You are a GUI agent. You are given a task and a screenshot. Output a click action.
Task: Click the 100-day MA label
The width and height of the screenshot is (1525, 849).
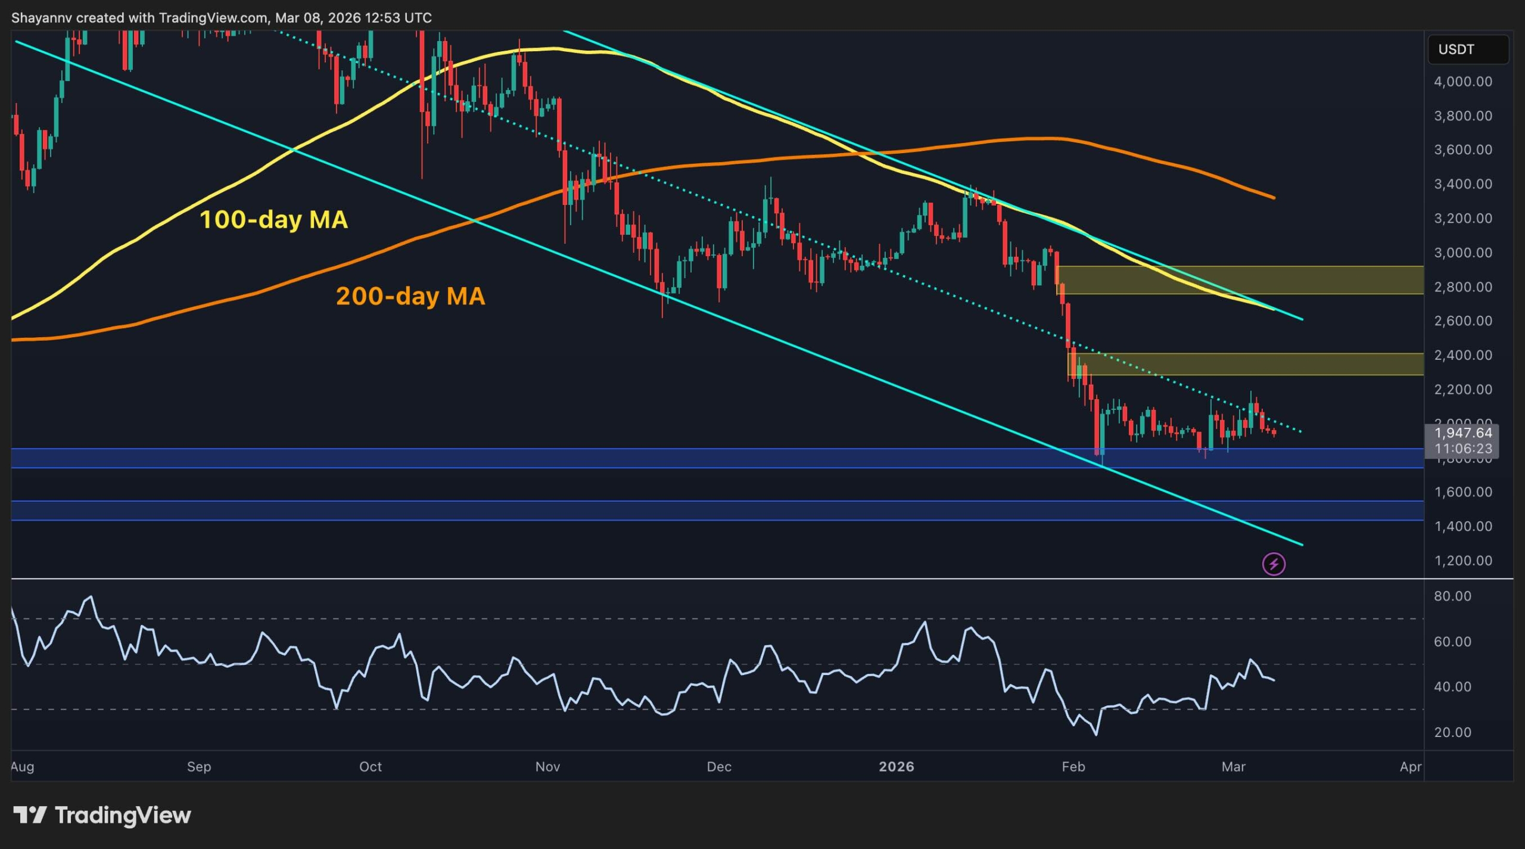[273, 220]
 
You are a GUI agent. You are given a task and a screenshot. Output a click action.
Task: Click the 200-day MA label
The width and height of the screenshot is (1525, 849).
[410, 296]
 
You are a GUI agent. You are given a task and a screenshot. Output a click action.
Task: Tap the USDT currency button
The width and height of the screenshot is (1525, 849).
[1467, 49]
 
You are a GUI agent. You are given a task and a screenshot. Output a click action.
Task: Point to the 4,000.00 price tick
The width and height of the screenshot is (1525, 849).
[1462, 82]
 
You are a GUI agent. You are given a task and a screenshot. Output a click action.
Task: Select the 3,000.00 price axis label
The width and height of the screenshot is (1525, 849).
[1462, 253]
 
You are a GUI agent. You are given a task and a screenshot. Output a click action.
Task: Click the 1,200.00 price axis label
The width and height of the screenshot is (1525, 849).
[1462, 561]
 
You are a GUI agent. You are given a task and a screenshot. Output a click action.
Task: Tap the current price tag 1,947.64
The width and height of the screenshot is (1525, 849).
[1462, 433]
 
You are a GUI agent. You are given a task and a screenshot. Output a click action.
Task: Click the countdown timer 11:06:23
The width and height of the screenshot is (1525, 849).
[1462, 449]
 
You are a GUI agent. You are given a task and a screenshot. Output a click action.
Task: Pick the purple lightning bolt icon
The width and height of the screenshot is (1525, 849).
[1274, 564]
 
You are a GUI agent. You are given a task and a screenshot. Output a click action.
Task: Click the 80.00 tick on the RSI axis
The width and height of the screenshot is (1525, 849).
[1452, 596]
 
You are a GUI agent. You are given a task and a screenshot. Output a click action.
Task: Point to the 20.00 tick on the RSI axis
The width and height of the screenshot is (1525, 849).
[1452, 732]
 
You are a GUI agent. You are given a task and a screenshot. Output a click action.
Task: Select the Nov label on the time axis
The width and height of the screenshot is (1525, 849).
[547, 767]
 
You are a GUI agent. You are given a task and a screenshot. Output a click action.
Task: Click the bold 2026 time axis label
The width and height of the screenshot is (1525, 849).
[896, 767]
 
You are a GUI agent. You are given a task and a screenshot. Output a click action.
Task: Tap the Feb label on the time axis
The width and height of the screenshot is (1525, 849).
[1073, 767]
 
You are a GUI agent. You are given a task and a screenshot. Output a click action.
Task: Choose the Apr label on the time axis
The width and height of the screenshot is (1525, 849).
[1410, 767]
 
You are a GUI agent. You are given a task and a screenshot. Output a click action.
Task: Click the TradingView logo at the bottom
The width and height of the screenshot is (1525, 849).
[102, 815]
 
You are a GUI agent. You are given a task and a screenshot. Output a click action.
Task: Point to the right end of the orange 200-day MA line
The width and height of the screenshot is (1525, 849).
[1274, 198]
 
